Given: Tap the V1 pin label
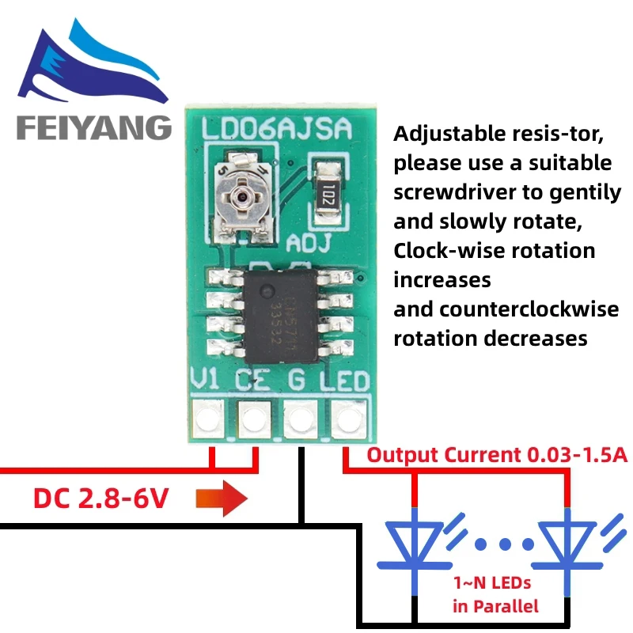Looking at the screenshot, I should pos(207,382).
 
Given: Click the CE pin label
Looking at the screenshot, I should pos(253,382).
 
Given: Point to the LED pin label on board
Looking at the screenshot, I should pos(345,382).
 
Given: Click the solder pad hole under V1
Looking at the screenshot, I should pos(208,418).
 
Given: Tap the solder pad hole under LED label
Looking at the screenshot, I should pos(346,418).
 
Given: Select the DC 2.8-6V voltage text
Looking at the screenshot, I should pos(100,498).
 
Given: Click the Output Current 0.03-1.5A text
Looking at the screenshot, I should pos(486,455).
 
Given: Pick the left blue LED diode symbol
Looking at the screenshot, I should pos(414,544).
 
